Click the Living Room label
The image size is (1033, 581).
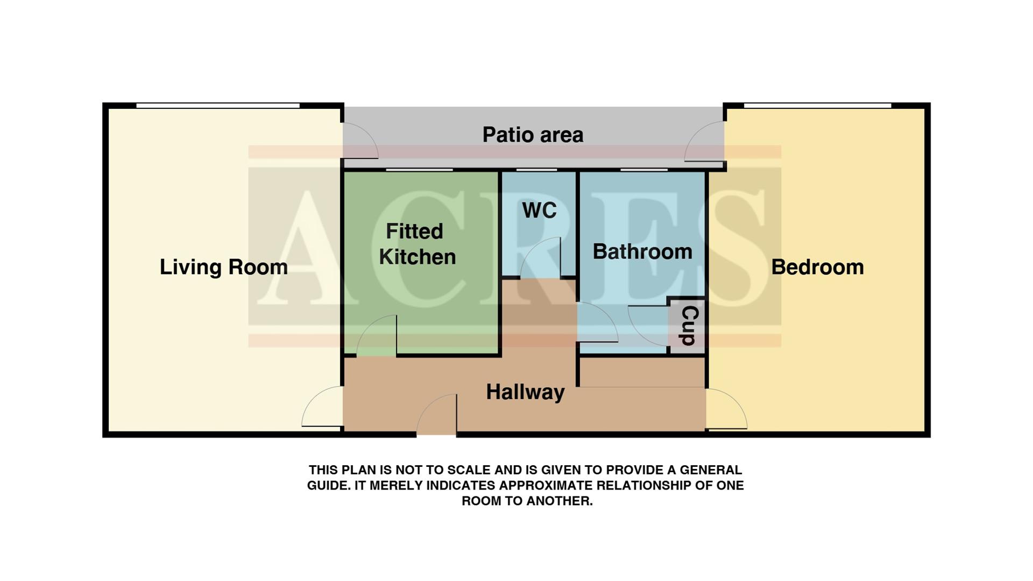[223, 267]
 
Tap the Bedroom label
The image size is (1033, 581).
[817, 267]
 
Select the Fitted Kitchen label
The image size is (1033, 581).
[416, 244]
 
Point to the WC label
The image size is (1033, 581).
[539, 211]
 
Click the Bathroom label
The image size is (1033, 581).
[642, 251]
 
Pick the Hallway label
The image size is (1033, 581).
[525, 392]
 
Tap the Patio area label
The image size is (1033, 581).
[533, 135]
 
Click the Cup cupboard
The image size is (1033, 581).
[688, 326]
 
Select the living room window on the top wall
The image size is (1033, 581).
[217, 106]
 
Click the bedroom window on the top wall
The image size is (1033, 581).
[817, 106]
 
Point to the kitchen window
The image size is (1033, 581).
[419, 170]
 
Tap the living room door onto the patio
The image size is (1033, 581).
[359, 141]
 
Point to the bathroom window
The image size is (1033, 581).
[643, 170]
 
